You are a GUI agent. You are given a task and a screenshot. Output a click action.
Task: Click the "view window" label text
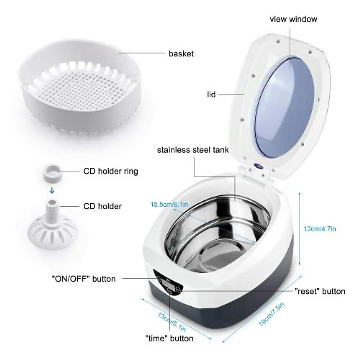coord(293,19)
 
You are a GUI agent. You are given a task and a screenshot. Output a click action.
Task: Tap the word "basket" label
coord(181,54)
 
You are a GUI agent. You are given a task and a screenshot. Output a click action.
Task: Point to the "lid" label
coord(211,94)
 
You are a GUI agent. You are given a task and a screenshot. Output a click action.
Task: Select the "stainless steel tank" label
coord(193,150)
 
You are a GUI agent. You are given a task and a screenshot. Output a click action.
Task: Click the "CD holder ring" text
coord(110,171)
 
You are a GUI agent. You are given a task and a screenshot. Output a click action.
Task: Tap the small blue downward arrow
coord(52,190)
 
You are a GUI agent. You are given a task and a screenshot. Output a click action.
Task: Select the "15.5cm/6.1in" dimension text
coord(169,205)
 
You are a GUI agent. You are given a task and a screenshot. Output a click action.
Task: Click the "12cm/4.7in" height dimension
coord(320,229)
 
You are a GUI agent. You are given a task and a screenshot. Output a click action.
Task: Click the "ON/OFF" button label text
coord(83,279)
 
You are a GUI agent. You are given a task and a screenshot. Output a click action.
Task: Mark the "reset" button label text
coord(320,291)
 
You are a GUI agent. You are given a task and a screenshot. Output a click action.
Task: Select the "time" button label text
coord(169,338)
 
